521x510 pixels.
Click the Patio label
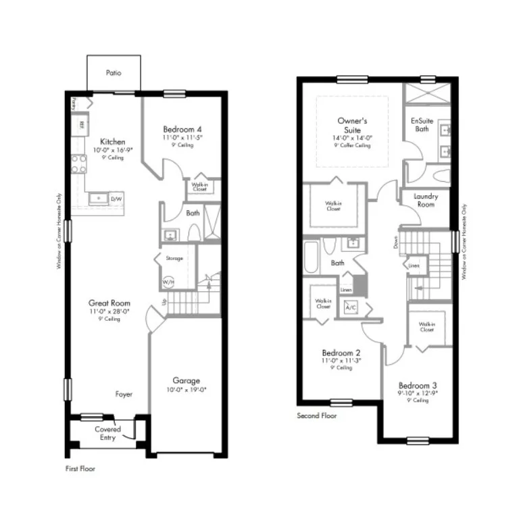click(114, 73)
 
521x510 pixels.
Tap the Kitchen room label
click(113, 142)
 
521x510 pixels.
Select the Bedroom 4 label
click(182, 129)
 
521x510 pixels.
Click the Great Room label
click(109, 303)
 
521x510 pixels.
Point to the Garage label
click(186, 381)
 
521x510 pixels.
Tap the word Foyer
click(124, 394)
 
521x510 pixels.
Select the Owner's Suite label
click(352, 125)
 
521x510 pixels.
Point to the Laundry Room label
click(426, 200)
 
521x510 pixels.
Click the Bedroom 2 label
click(341, 353)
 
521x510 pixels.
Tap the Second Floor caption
click(317, 416)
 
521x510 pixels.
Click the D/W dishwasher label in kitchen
click(116, 199)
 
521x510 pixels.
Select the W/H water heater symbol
click(167, 282)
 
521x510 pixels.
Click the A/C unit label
click(351, 307)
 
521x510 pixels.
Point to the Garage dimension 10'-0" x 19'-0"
click(186, 390)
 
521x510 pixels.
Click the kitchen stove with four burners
click(78, 163)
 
